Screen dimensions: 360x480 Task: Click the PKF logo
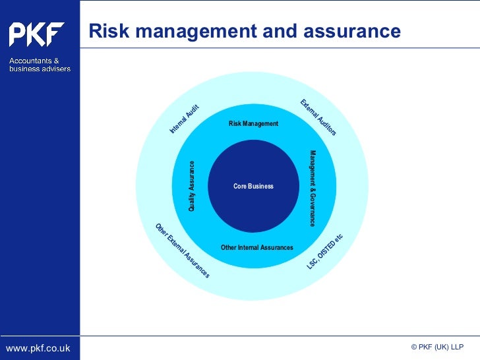tap(37, 34)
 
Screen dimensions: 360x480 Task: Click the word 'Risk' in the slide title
tap(107, 32)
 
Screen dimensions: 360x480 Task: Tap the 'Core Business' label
tap(253, 187)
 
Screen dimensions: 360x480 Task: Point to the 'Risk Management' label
tap(253, 124)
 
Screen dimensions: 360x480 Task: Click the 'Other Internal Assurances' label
tap(257, 248)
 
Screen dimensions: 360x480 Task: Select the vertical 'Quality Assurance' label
tap(192, 186)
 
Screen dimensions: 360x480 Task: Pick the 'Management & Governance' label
tap(313, 188)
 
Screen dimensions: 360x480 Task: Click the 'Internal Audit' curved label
tap(184, 119)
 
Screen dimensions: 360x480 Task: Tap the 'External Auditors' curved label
tap(318, 117)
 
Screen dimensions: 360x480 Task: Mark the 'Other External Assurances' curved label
tap(183, 251)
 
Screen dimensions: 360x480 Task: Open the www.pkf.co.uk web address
tap(38, 347)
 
